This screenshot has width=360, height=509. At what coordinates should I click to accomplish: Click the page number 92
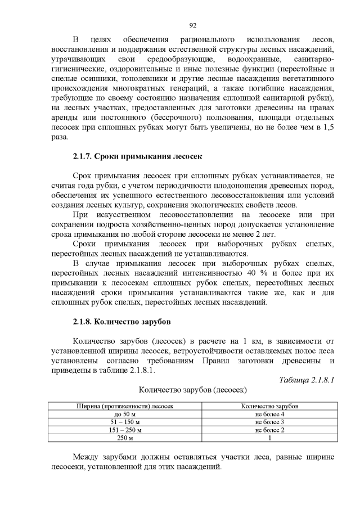(192, 25)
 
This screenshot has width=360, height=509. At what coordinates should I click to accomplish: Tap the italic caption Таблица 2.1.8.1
(307, 380)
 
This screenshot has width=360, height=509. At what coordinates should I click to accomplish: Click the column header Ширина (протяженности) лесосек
(125, 406)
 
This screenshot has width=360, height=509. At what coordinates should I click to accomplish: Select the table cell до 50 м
(125, 414)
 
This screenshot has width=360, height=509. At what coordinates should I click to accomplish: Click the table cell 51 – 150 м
(125, 422)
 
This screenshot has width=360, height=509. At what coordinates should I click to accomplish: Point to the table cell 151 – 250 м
(125, 430)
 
